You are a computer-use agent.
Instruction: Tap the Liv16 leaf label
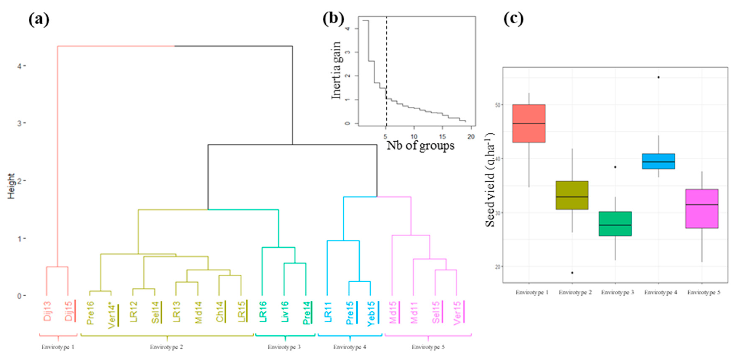[x=285, y=312]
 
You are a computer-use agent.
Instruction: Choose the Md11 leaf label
[x=414, y=312]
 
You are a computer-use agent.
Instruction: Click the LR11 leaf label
[x=328, y=312]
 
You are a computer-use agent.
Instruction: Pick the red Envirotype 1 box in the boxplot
[x=529, y=123]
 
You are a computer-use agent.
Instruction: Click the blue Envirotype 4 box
[x=658, y=161]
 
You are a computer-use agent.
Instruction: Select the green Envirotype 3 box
[x=615, y=224]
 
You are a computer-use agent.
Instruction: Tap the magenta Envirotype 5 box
[x=702, y=209]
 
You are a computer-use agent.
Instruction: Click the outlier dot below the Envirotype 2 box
[x=572, y=273]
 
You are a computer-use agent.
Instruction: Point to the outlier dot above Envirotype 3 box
[x=615, y=167]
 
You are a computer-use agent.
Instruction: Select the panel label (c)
[x=513, y=19]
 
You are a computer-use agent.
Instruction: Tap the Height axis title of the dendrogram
[x=11, y=186]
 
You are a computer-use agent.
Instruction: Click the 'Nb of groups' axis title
[x=420, y=145]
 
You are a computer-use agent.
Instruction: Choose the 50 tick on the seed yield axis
[x=497, y=105]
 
